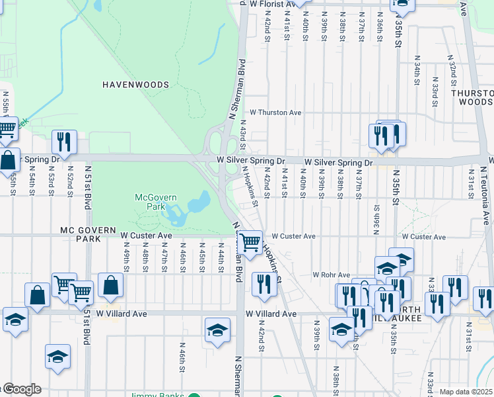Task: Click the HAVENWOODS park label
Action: (135, 85)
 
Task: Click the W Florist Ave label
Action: (276, 4)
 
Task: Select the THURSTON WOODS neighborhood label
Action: (472, 97)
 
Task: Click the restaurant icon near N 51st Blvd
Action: (65, 142)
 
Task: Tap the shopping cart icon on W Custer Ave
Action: (250, 242)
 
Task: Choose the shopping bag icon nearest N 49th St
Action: (111, 285)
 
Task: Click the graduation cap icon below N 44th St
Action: (217, 330)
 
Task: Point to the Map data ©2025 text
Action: (466, 392)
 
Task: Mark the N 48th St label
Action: (145, 259)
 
